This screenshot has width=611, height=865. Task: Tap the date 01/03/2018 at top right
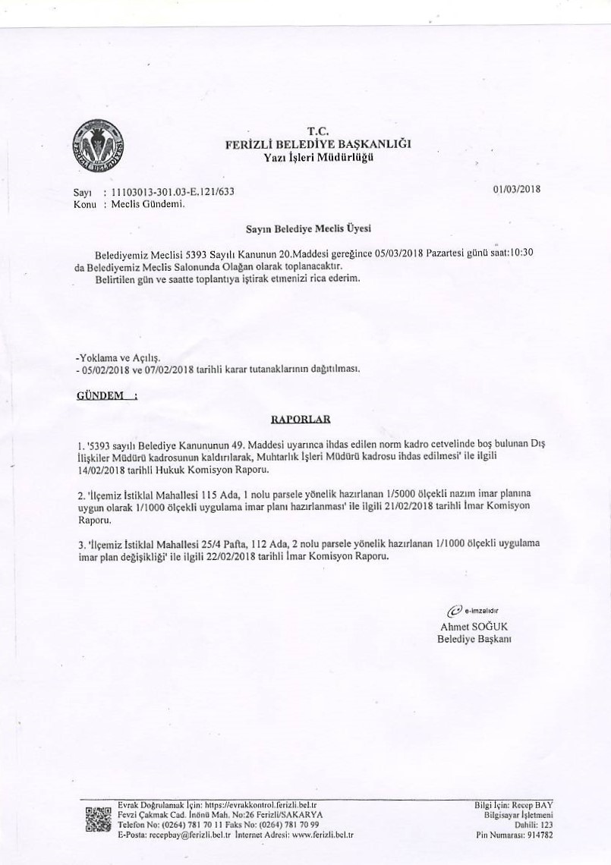click(517, 190)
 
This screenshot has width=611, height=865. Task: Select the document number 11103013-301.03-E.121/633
click(172, 193)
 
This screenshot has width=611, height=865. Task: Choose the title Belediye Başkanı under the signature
click(474, 639)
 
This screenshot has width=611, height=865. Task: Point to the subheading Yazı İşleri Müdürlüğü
click(318, 157)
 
